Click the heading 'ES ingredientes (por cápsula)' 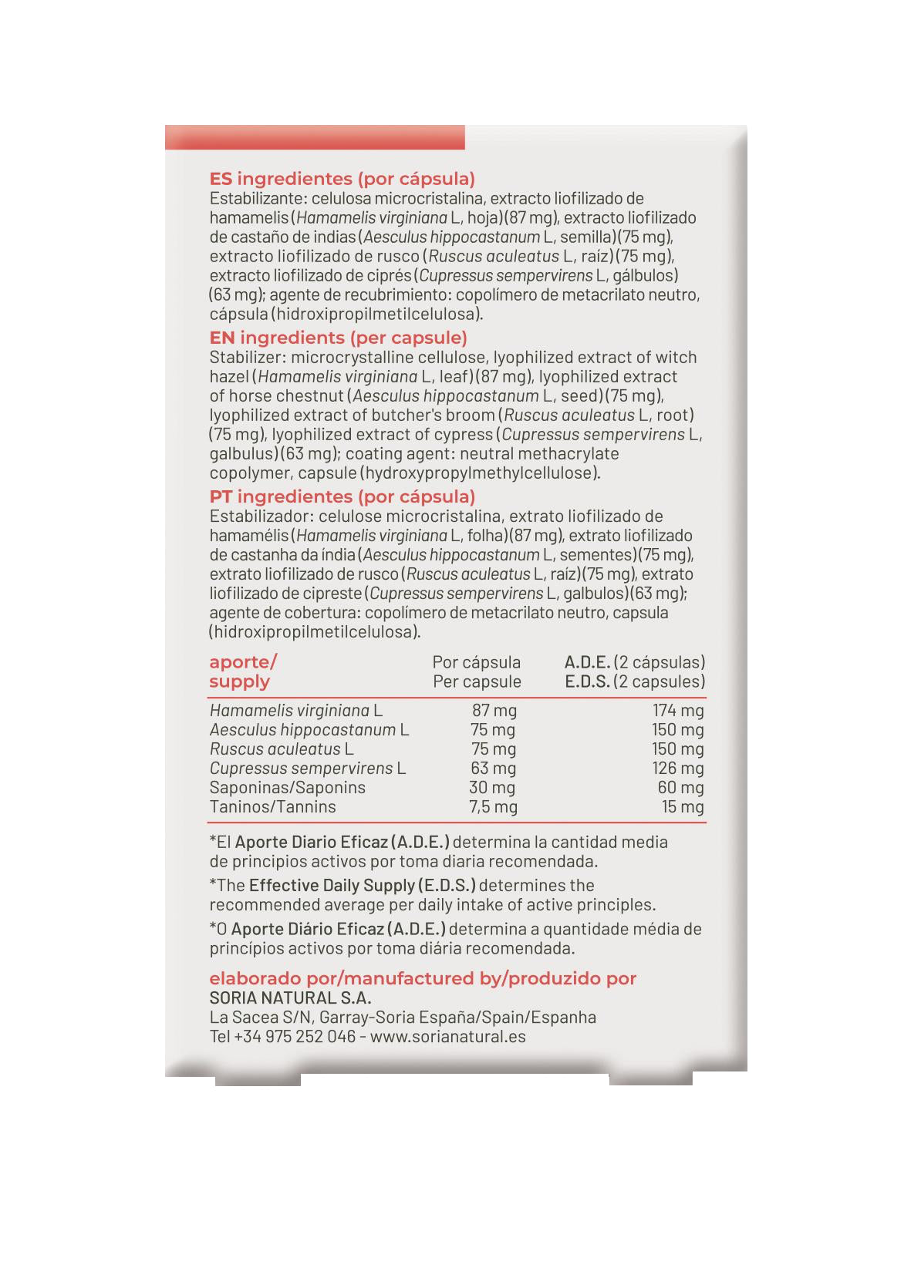[x=342, y=179]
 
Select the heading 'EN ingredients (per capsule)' [x=338, y=338]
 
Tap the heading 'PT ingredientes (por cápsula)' [x=342, y=496]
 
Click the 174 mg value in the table [x=678, y=710]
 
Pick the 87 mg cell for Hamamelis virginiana [x=494, y=710]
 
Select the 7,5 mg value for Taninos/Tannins [x=494, y=807]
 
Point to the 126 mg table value [x=678, y=769]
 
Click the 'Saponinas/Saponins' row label [x=287, y=788]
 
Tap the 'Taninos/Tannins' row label [x=272, y=807]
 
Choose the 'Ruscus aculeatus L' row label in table [x=282, y=749]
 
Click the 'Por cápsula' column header [x=476, y=662]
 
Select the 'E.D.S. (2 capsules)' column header [x=635, y=681]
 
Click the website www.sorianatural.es [x=448, y=1037]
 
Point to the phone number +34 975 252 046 [x=295, y=1037]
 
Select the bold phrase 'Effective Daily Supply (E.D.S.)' [x=363, y=885]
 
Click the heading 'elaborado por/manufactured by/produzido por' [x=423, y=979]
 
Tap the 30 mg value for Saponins [x=492, y=788]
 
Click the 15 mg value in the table [x=683, y=807]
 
